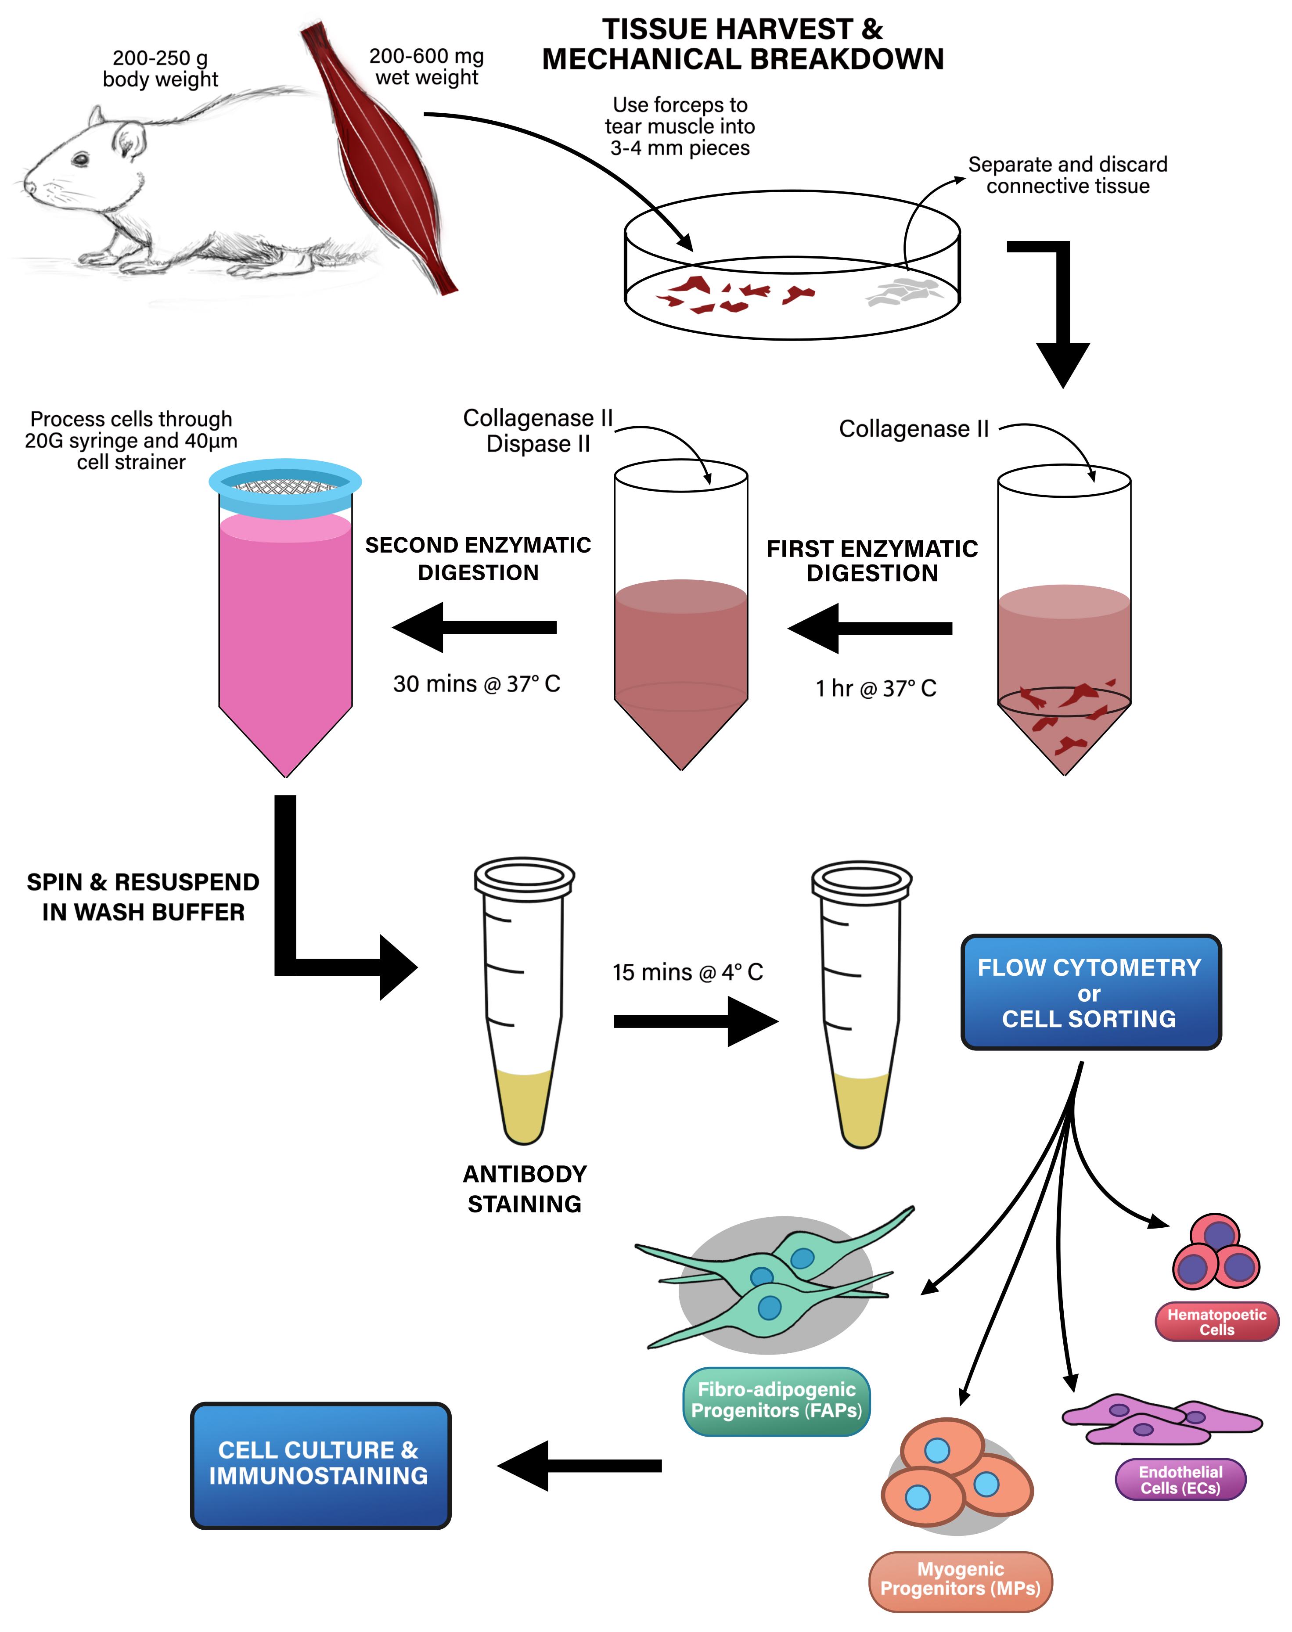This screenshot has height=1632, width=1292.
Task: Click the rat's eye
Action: click(80, 159)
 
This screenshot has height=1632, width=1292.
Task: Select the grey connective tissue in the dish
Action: click(904, 291)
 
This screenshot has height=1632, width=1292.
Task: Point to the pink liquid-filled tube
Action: click(285, 628)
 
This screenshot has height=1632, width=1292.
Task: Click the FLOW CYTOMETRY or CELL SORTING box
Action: click(1090, 992)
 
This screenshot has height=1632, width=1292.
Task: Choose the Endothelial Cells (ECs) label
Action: click(1180, 1479)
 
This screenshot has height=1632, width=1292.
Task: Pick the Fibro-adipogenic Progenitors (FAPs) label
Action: click(776, 1401)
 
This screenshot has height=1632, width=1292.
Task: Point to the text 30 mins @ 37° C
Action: click(477, 683)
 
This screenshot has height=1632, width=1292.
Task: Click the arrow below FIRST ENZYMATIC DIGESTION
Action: click(870, 628)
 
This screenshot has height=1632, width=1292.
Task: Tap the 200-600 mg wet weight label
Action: click(427, 67)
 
